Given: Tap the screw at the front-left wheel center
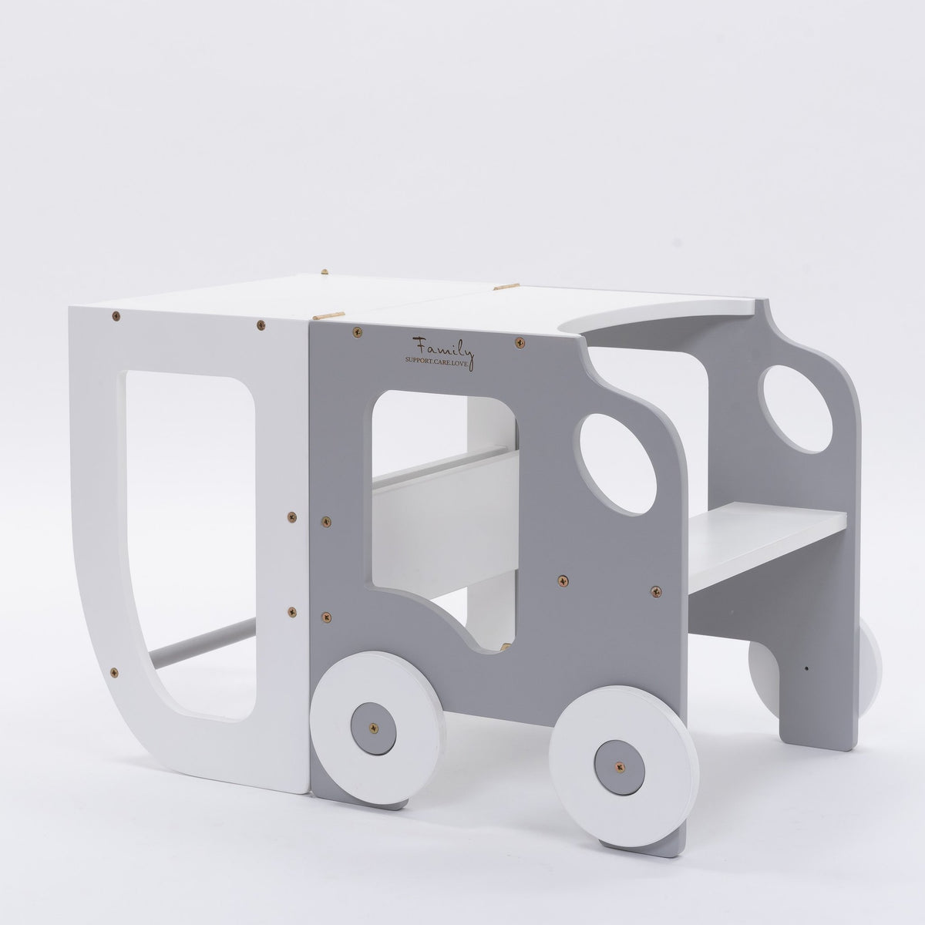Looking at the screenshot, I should [x=375, y=727].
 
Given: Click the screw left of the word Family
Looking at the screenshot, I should [x=358, y=332].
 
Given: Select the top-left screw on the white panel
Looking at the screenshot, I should [x=116, y=314].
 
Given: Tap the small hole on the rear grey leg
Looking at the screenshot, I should [x=806, y=668].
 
